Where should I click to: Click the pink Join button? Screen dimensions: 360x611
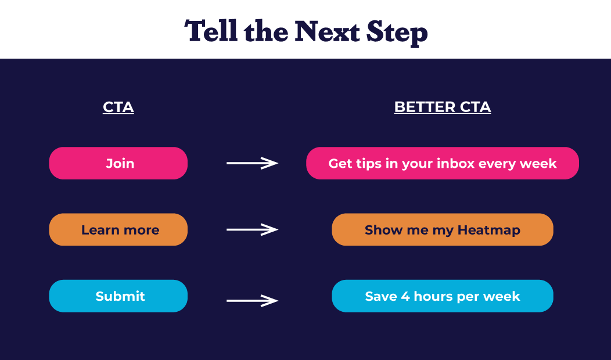118,163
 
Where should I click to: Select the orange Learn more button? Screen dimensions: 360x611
118,230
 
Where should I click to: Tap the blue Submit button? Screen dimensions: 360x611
118,296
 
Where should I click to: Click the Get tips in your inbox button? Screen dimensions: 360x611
443,163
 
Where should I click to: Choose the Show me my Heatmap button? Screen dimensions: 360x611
443,230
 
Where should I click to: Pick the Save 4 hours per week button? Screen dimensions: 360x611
443,296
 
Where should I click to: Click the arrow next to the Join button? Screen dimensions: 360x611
252,163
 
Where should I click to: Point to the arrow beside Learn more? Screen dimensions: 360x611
252,230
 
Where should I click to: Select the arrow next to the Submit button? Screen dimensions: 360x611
252,300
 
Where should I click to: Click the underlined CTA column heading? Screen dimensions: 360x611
118,107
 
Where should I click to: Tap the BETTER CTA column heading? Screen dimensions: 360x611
443,107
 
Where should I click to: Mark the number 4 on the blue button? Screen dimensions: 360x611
405,296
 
